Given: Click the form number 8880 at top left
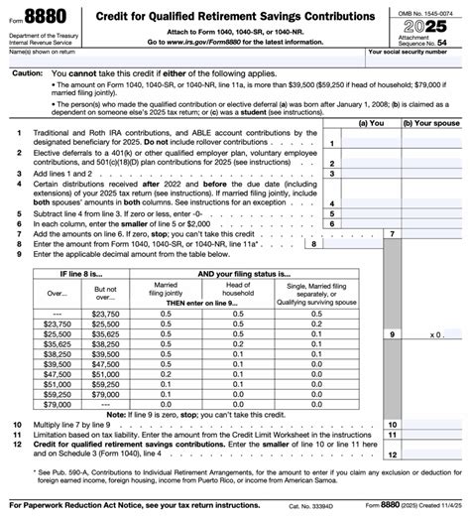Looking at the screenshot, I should (x=40, y=18).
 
